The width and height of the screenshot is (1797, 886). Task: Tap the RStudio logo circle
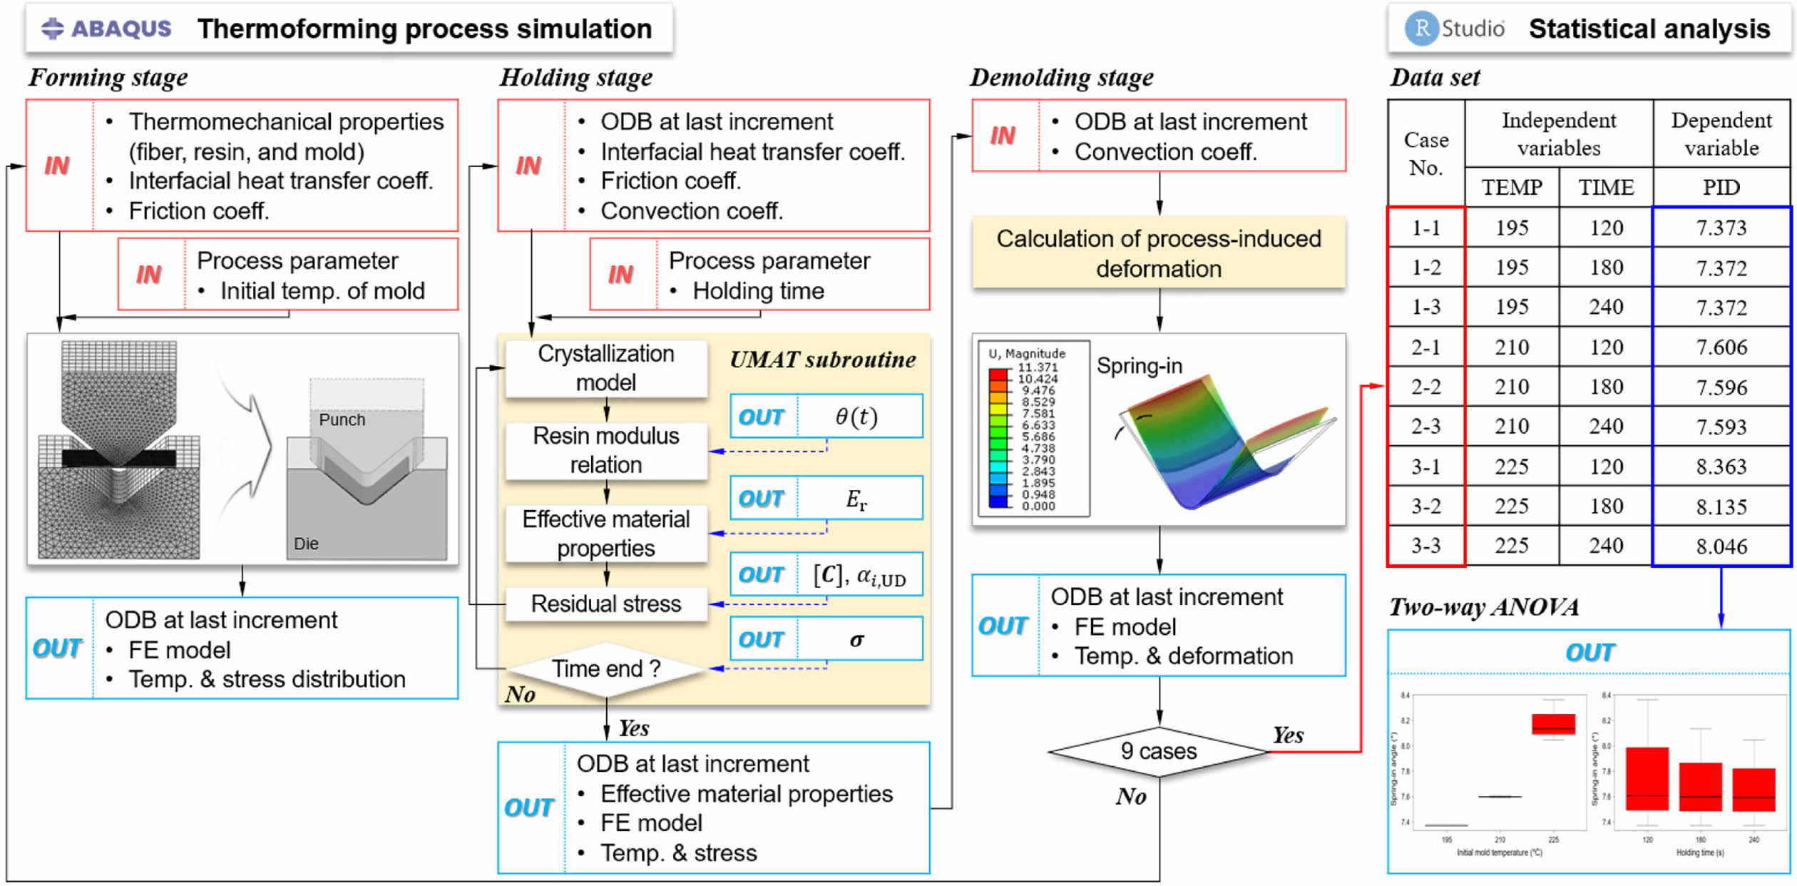(x=1421, y=29)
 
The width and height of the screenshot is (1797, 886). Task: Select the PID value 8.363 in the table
(x=1721, y=467)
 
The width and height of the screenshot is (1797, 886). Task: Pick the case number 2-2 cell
(x=1426, y=387)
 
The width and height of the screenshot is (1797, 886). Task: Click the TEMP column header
(x=1512, y=188)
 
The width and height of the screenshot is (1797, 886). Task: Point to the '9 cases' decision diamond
(x=1159, y=751)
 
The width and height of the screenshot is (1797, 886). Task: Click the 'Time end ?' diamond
(x=606, y=669)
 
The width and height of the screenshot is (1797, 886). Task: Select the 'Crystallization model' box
(x=606, y=368)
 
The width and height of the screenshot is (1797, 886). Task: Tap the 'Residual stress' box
(x=606, y=604)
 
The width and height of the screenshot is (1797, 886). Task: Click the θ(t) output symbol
(x=856, y=417)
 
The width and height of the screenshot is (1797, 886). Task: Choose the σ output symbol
(x=856, y=639)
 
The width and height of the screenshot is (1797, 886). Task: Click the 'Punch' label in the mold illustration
(x=342, y=420)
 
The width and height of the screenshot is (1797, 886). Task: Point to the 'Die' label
(x=306, y=544)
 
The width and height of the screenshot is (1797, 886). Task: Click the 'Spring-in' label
(x=1139, y=366)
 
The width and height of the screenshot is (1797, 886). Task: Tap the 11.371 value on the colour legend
(x=1038, y=367)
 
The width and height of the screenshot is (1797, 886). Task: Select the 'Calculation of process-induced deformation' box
(x=1159, y=253)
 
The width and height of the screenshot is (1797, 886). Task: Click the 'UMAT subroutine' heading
(x=822, y=360)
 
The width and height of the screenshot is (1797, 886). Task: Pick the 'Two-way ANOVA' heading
(x=1483, y=607)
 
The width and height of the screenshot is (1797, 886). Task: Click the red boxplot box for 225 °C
(x=1553, y=724)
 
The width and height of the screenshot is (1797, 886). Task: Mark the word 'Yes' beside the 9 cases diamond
(x=1288, y=735)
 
